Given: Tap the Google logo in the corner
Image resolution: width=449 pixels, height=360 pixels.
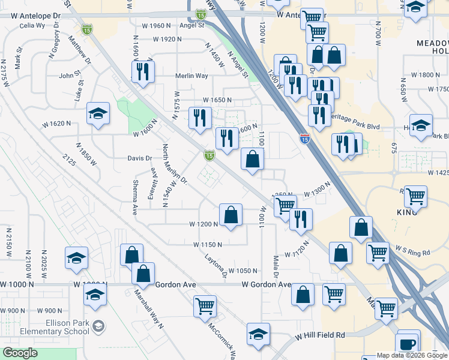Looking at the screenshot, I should point(20,353).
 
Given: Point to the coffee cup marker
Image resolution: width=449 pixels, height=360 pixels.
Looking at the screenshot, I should point(408,343).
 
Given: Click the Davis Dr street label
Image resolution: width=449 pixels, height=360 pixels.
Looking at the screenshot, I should point(140,158).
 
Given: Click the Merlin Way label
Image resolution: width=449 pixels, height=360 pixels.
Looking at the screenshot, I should point(191,76).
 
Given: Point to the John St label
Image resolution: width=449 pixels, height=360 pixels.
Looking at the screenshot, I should point(70,76).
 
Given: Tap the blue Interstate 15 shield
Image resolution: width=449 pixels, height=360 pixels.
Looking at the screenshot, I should point(304,139).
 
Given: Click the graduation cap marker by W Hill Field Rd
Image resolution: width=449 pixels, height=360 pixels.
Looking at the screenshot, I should point(259,335).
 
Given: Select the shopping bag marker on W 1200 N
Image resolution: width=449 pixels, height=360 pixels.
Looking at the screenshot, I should point(231,214).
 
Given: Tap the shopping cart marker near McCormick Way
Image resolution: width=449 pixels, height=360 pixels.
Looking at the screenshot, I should point(205,306).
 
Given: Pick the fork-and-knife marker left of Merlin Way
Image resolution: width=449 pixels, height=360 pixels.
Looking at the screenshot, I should point(143,72).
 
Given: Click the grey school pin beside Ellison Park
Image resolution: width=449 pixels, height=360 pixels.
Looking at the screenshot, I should point(99,326).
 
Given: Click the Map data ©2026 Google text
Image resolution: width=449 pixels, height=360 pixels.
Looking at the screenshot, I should point(411,355).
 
